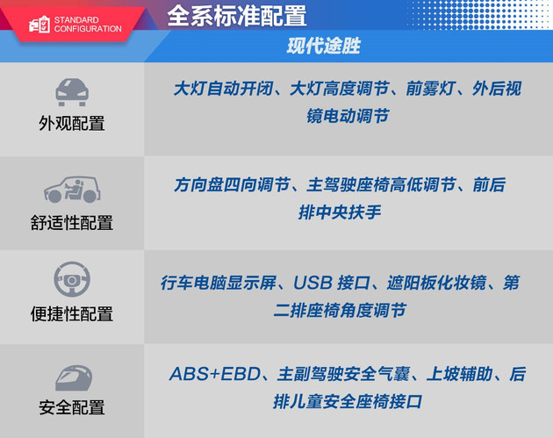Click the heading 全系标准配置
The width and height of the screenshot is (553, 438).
coord(237,16)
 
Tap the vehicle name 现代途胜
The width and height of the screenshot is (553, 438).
coord(323,46)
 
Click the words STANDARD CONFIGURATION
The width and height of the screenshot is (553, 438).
coord(88,25)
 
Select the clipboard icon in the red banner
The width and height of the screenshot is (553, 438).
coord(39,25)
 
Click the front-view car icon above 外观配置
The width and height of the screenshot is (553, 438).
coord(72,91)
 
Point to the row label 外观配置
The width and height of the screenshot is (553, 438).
coord(72,124)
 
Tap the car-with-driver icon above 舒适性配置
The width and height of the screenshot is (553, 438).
coord(72,190)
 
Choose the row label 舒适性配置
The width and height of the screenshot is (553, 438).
coord(72,223)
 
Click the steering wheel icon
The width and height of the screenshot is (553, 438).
coord(72,279)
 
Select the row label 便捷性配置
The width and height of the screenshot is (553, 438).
coord(72,314)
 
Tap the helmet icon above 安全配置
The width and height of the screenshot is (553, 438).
coord(74,377)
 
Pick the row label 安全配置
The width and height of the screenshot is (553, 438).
coord(72,407)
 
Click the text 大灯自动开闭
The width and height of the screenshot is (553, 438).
coord(223,89)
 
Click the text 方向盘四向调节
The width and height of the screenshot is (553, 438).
coord(232,185)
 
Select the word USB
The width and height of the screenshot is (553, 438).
coord(312,283)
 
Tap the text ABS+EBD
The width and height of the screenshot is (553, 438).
coord(215,374)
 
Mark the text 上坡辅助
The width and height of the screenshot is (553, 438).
coord(459,374)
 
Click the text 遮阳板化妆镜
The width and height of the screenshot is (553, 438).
coord(436,283)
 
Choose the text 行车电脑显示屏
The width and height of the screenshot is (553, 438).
coord(219,283)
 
